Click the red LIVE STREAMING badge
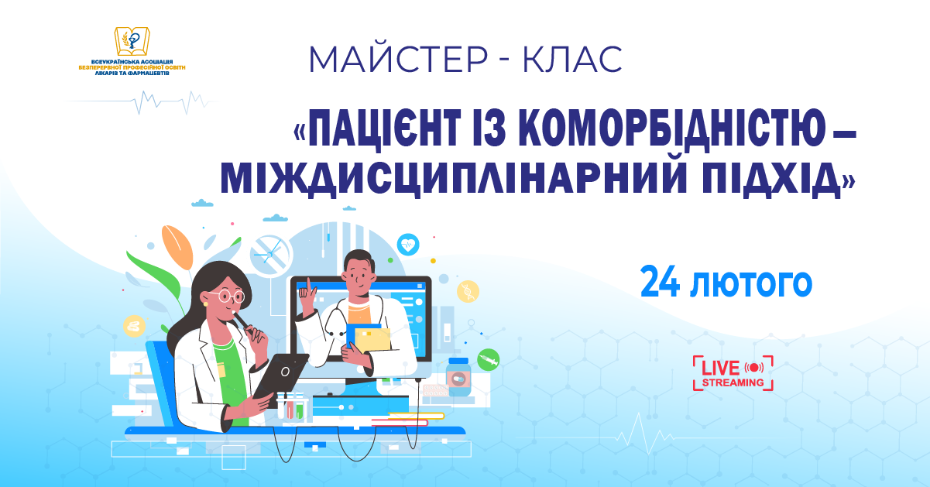click(733, 372)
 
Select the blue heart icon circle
click(407, 245)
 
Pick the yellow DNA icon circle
click(468, 291)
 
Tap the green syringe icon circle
click(488, 359)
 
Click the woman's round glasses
click(228, 296)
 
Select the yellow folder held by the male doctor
click(372, 338)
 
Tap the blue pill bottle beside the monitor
click(458, 377)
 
